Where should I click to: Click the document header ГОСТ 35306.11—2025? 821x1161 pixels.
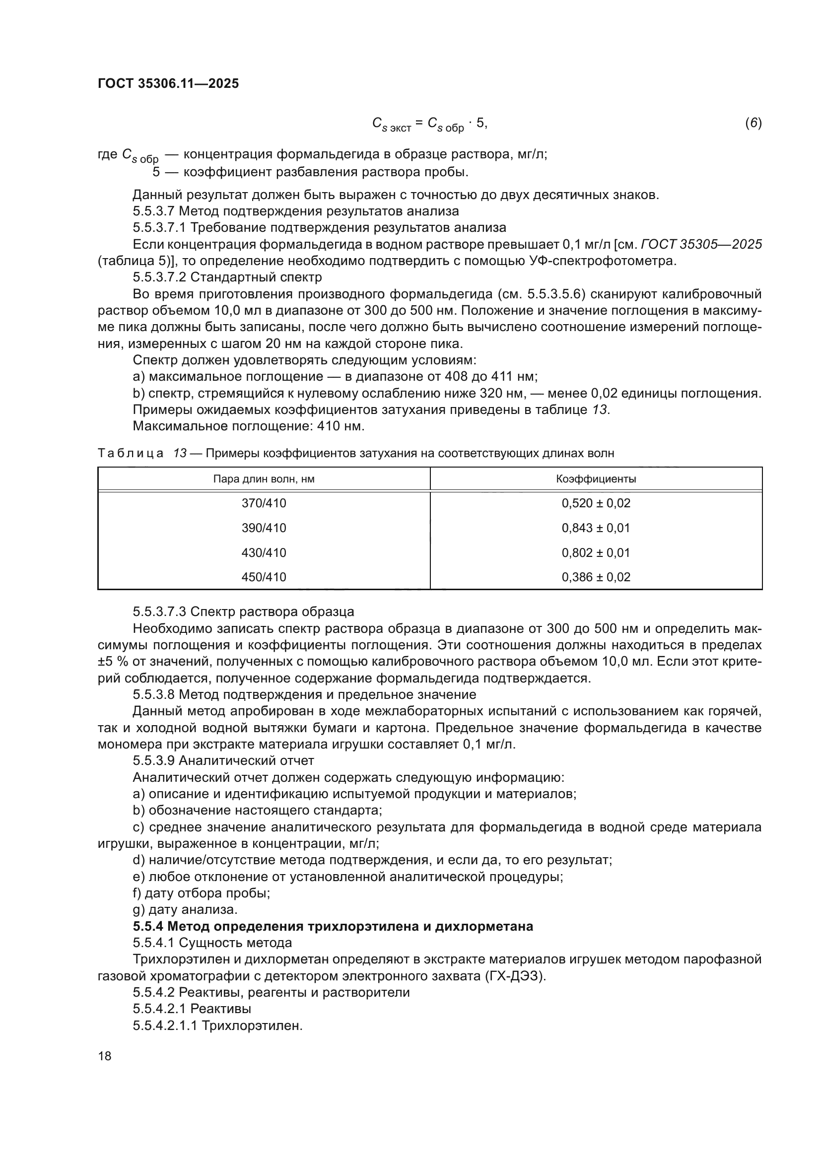click(168, 83)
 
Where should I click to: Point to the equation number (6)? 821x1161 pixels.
click(753, 123)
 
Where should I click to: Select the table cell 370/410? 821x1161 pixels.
click(264, 503)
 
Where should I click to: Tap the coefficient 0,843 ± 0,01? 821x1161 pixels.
click(596, 528)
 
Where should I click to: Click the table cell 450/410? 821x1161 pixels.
click(264, 577)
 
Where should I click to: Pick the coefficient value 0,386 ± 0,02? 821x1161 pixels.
click(596, 577)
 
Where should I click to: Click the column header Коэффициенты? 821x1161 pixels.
click(596, 479)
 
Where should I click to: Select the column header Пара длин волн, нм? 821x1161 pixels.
click(264, 479)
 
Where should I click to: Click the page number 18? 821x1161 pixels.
click(105, 1056)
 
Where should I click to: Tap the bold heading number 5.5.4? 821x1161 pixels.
click(148, 926)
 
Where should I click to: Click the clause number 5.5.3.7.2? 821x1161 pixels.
click(160, 277)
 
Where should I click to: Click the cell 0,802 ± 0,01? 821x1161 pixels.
click(596, 552)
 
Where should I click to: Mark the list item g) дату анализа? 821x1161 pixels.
click(185, 910)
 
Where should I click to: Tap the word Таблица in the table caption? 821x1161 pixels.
click(131, 453)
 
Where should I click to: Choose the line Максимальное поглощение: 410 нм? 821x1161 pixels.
click(248, 426)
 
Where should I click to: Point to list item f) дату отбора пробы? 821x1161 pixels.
click(201, 893)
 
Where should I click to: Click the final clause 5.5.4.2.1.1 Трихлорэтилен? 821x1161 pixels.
click(217, 1025)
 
